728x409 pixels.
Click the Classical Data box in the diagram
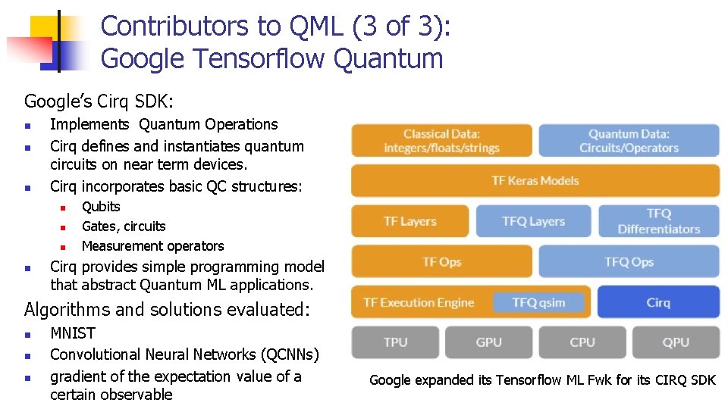click(x=441, y=141)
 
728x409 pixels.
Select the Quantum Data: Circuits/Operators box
click(x=629, y=141)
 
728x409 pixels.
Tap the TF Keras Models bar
click(x=535, y=180)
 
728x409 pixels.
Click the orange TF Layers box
click(x=409, y=221)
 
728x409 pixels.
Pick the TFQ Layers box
click(x=533, y=221)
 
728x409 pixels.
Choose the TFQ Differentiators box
click(x=658, y=221)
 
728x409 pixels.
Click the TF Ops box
click(x=441, y=262)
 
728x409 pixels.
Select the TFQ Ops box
click(x=629, y=262)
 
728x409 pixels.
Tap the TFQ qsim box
click(x=538, y=303)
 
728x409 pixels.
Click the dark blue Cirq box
click(x=658, y=302)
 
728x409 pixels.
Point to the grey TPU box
click(x=395, y=342)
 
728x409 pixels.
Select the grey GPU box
click(x=488, y=342)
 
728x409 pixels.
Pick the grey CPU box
click(x=582, y=342)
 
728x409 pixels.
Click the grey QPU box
click(x=675, y=342)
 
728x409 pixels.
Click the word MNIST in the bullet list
click(x=73, y=333)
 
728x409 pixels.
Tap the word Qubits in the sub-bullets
click(x=101, y=207)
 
